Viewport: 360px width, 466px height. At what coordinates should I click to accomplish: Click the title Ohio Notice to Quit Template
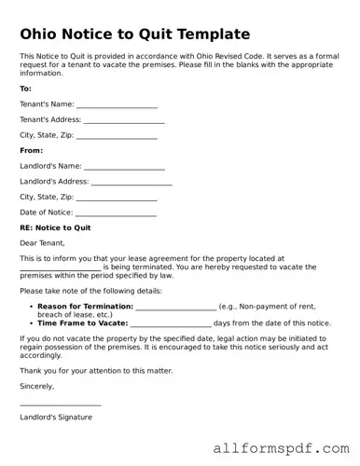134,34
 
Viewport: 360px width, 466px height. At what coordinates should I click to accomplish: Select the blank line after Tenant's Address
124,122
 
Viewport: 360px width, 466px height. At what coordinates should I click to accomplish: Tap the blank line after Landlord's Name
124,169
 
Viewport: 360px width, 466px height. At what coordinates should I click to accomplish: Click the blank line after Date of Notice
117,214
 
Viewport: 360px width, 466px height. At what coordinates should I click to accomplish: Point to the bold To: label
25,89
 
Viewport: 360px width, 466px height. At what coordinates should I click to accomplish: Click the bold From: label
31,150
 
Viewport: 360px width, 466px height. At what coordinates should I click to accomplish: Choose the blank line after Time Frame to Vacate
171,323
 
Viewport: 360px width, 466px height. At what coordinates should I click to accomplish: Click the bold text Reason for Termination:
86,307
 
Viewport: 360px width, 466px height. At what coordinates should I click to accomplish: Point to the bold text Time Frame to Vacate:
82,322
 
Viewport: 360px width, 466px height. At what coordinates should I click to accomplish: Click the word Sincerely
37,385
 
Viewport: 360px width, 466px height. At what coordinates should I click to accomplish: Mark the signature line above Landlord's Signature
60,404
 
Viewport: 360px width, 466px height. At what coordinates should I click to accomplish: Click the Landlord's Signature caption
56,417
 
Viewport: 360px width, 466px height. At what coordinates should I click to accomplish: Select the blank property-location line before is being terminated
60,268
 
